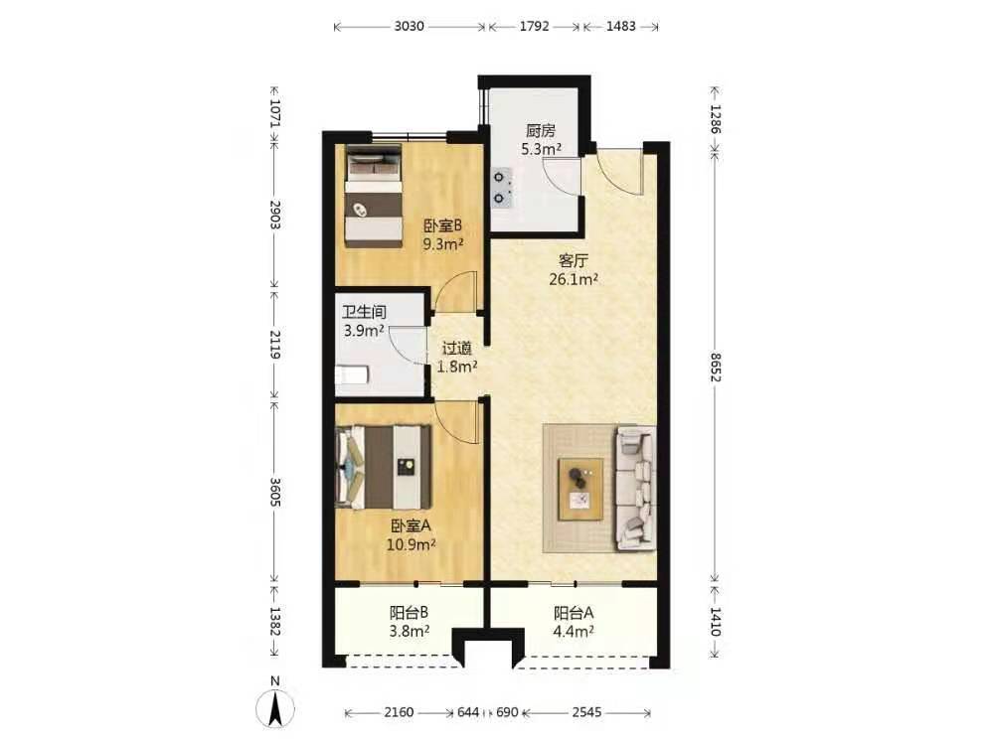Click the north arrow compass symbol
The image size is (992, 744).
pyautogui.click(x=275, y=708)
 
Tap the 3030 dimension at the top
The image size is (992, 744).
pyautogui.click(x=409, y=27)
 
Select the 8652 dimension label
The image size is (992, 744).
pyautogui.click(x=715, y=367)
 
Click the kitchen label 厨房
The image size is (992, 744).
pyautogui.click(x=541, y=131)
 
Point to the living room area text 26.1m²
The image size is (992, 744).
pyautogui.click(x=574, y=279)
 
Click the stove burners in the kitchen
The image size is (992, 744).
pyautogui.click(x=502, y=188)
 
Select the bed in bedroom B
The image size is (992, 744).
pyautogui.click(x=374, y=196)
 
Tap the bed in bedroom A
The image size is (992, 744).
pyautogui.click(x=384, y=467)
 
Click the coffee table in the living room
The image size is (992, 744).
pyautogui.click(x=580, y=490)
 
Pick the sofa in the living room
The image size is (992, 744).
pyautogui.click(x=635, y=489)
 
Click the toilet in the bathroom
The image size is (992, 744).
pyautogui.click(x=351, y=374)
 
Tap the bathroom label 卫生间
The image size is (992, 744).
pyautogui.click(x=364, y=312)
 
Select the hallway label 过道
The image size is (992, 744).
pyautogui.click(x=457, y=349)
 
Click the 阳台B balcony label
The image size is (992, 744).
pyautogui.click(x=409, y=613)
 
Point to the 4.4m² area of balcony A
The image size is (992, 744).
pyautogui.click(x=574, y=631)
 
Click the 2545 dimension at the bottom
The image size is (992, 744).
pyautogui.click(x=586, y=712)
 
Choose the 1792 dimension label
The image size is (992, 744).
pyautogui.click(x=535, y=27)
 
